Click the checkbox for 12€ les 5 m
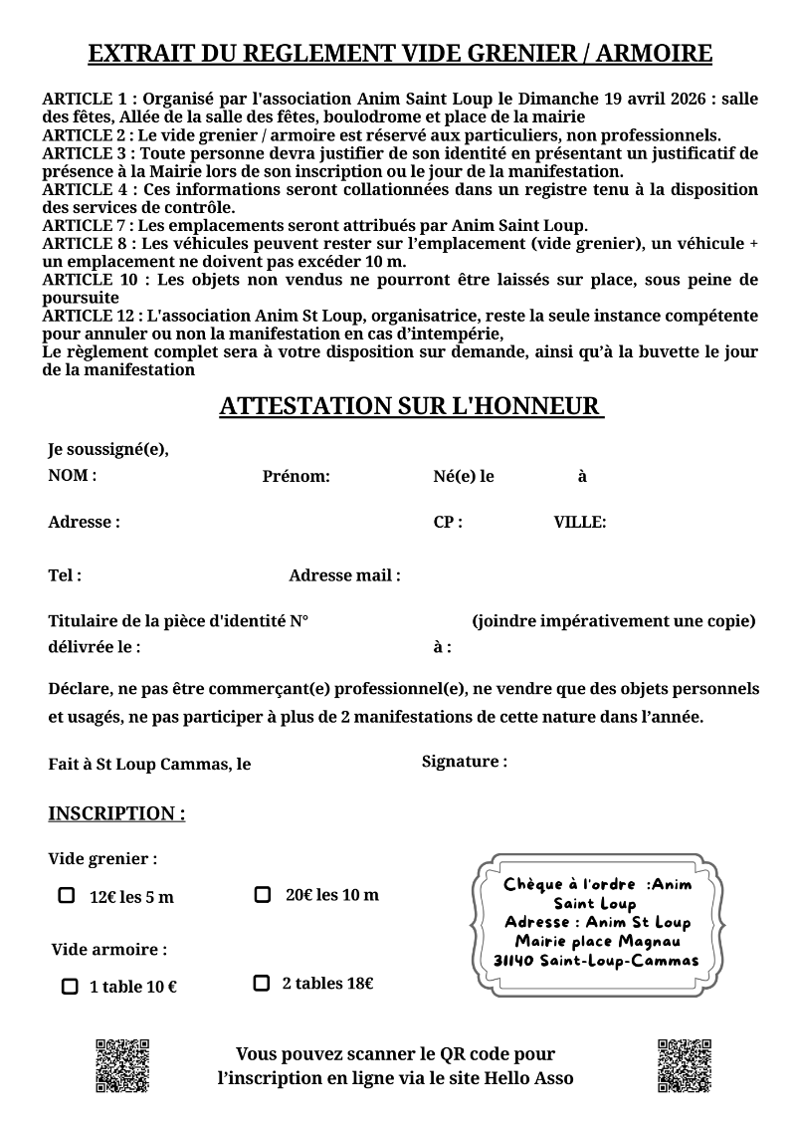coord(67,896)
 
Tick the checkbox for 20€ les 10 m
coord(263,894)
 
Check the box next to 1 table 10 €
coord(70,987)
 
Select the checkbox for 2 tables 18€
coord(262,984)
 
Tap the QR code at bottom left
coord(122,1066)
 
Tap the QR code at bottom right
coord(684,1066)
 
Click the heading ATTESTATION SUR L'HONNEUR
coord(411,406)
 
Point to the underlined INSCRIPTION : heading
coord(116,813)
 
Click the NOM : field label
coord(73,475)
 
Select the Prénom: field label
coord(296,476)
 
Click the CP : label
coord(448,522)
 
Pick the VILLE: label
coord(580,522)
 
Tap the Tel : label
coord(65,575)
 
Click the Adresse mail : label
coord(344,575)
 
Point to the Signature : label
coord(465,762)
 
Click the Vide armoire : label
coord(109,949)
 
